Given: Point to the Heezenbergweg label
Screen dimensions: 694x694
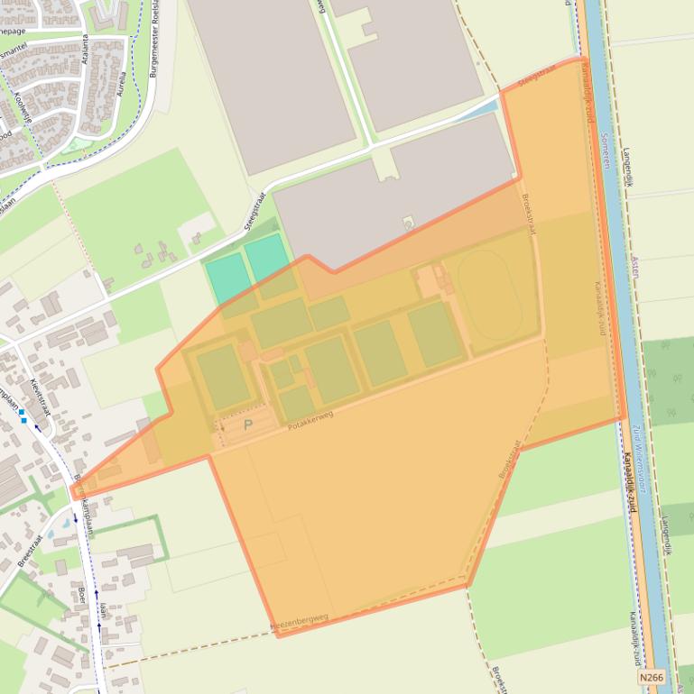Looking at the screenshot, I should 300,621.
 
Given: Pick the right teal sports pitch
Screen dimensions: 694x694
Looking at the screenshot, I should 266,259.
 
